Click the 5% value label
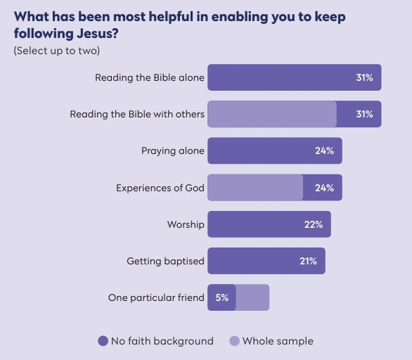tap(222, 298)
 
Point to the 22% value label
tap(313, 225)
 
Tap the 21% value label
tap(308, 261)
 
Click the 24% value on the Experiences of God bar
tap(324, 188)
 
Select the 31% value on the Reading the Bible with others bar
tap(364, 114)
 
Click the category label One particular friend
tap(156, 298)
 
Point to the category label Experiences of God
tap(160, 188)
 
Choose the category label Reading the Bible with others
tap(137, 114)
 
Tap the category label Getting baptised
tap(165, 261)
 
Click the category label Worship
tap(186, 225)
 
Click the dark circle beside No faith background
tap(103, 341)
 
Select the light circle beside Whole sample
tap(234, 341)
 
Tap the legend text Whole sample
tap(277, 341)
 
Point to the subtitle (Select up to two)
tap(57, 51)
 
